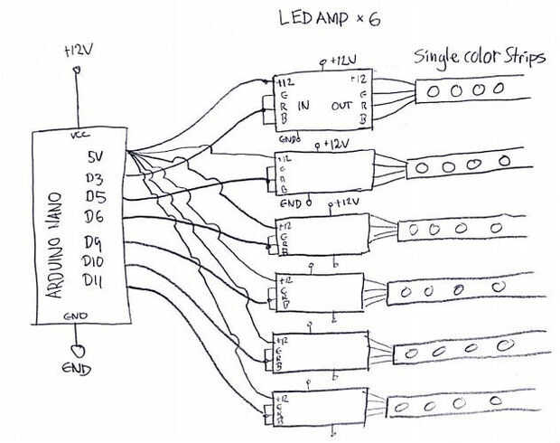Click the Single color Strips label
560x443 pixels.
[x=480, y=57]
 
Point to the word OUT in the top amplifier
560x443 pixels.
[x=342, y=105]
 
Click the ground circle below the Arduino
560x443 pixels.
[x=78, y=348]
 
